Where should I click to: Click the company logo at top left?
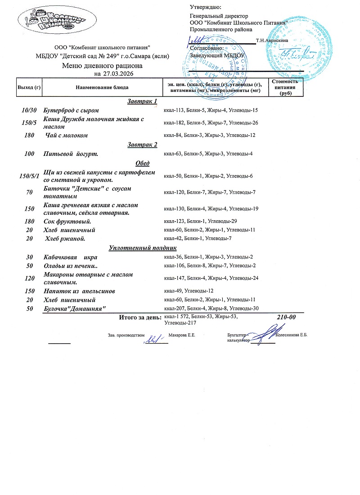(x=56, y=20)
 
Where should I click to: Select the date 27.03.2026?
(x=118, y=73)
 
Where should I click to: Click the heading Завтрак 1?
(x=142, y=101)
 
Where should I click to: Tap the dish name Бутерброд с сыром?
(x=71, y=110)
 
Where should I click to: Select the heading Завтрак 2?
(x=142, y=145)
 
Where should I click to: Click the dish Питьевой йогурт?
(x=71, y=154)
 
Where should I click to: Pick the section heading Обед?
(x=142, y=163)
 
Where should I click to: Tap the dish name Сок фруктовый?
(x=67, y=222)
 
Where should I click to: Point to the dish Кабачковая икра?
(x=71, y=257)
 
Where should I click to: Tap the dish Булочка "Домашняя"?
(x=75, y=309)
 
